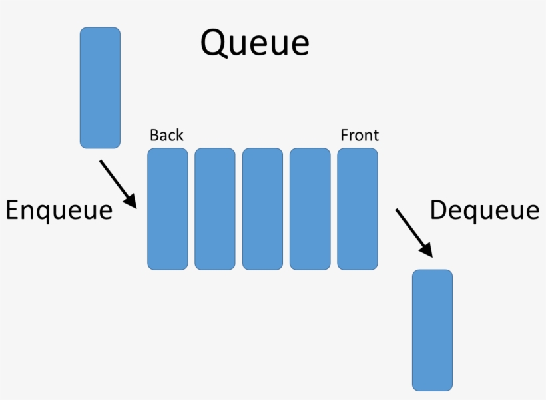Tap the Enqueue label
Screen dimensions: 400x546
(x=59, y=210)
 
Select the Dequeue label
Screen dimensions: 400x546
(x=484, y=210)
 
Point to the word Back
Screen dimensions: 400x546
(x=166, y=135)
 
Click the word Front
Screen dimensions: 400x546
(x=360, y=135)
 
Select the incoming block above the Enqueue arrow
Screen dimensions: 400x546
(x=100, y=87)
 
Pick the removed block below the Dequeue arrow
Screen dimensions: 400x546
(x=432, y=329)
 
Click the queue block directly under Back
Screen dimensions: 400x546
(x=168, y=208)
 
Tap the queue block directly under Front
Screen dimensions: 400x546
(x=358, y=208)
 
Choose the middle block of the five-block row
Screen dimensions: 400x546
(x=262, y=208)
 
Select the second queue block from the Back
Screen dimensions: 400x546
(x=215, y=208)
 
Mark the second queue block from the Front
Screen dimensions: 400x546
(x=310, y=208)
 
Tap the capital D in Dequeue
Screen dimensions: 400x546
(x=439, y=210)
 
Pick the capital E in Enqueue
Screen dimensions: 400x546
(x=13, y=210)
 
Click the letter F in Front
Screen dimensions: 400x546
(x=344, y=135)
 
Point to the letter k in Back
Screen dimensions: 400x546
(x=179, y=135)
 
